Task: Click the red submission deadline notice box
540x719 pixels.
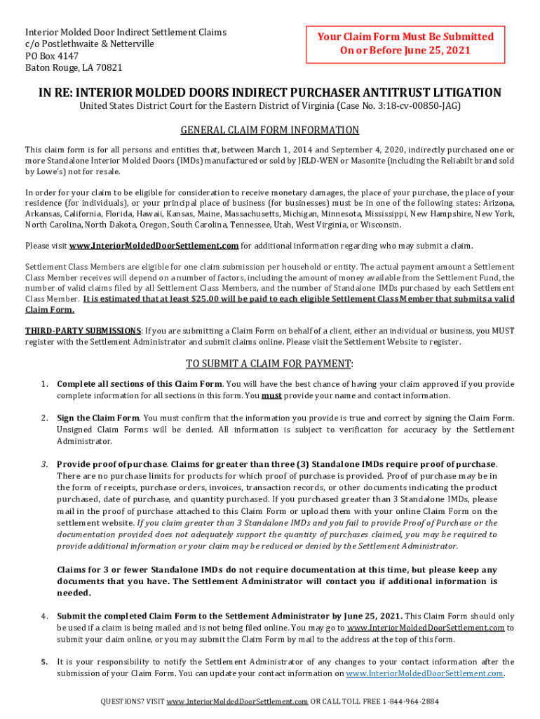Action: tap(406, 44)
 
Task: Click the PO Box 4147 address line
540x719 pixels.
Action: tap(52, 55)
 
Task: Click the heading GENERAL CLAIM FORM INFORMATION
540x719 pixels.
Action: tap(270, 130)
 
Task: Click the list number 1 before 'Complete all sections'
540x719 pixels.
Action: tap(43, 384)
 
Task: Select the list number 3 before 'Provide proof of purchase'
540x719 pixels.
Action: tap(43, 464)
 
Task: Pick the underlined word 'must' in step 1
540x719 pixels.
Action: tap(272, 395)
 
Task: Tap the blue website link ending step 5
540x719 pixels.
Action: tap(425, 673)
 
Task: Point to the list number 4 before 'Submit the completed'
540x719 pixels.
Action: tap(43, 616)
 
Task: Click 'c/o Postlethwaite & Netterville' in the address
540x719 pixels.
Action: tap(90, 44)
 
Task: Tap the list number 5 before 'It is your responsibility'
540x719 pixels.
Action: tap(43, 662)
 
